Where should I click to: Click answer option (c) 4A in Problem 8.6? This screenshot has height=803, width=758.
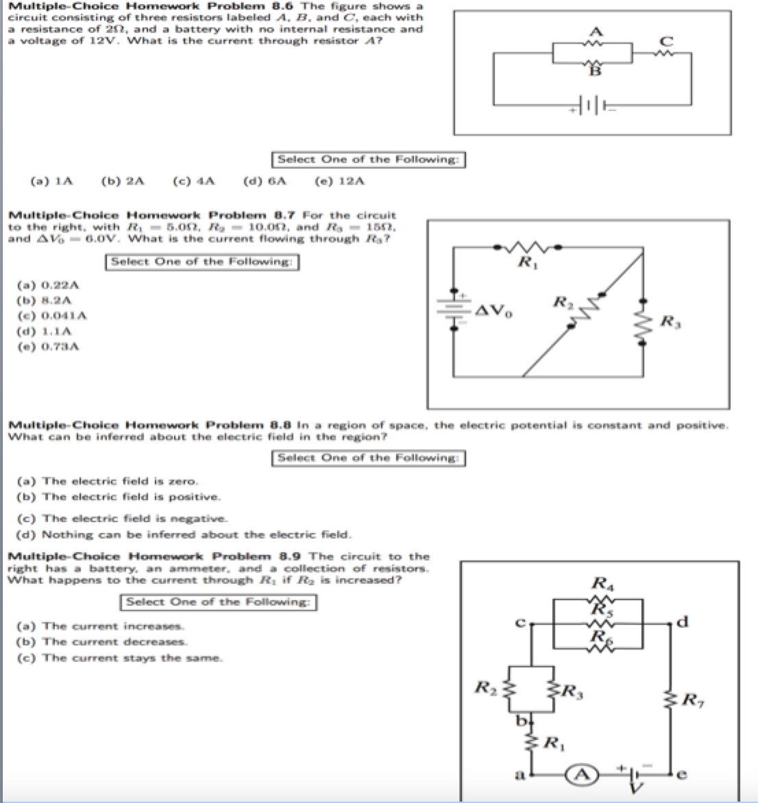(195, 182)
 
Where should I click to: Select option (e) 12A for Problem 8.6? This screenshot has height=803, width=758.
(339, 182)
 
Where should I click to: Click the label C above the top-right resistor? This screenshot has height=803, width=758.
(663, 40)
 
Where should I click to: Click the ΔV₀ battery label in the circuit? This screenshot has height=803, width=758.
(489, 313)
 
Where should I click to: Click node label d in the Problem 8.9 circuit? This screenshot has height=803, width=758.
(678, 622)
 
